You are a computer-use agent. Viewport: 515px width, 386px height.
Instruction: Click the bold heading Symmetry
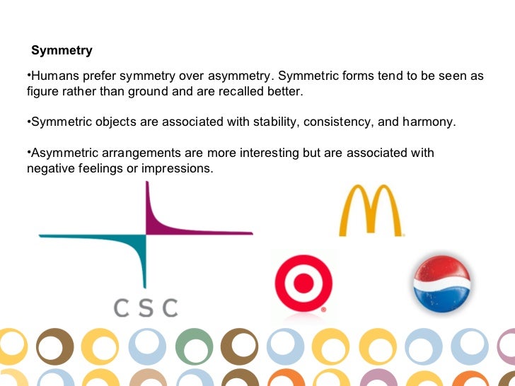click(62, 51)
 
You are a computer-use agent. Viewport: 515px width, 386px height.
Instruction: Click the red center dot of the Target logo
click(303, 283)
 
